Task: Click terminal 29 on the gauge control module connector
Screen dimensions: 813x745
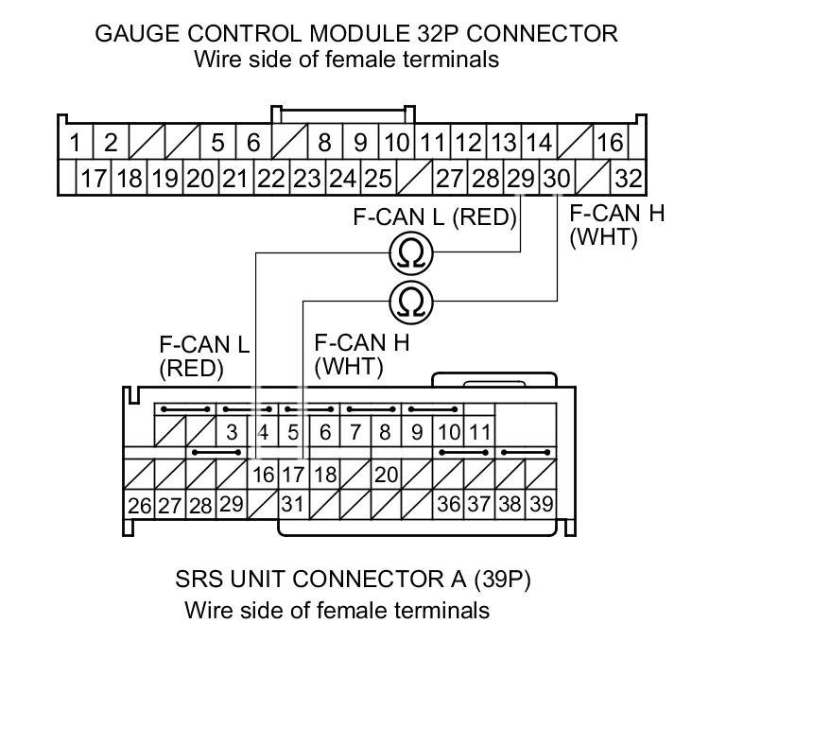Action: pyautogui.click(x=521, y=179)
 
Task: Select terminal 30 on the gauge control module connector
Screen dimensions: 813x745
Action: pyautogui.click(x=558, y=179)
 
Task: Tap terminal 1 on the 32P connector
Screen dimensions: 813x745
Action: pyautogui.click(x=76, y=142)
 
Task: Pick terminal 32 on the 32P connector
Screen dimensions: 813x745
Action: pyautogui.click(x=629, y=179)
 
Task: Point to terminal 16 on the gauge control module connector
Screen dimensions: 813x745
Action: pyautogui.click(x=611, y=142)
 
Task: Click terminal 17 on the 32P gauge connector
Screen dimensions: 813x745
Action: pyautogui.click(x=94, y=179)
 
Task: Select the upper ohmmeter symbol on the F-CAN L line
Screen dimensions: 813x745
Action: pyautogui.click(x=411, y=253)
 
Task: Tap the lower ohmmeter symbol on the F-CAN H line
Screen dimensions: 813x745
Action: pyautogui.click(x=411, y=303)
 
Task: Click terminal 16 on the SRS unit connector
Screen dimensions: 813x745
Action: pyautogui.click(x=263, y=475)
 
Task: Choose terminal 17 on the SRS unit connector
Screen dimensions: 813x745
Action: pyautogui.click(x=293, y=475)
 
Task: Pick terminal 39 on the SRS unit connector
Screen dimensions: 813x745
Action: pyautogui.click(x=542, y=504)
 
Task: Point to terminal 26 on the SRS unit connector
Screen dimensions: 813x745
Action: pyautogui.click(x=139, y=505)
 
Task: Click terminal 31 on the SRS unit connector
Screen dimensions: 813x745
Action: pyautogui.click(x=293, y=504)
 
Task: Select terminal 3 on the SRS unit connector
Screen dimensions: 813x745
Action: pyautogui.click(x=232, y=431)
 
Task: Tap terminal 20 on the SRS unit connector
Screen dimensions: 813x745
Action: pyautogui.click(x=387, y=475)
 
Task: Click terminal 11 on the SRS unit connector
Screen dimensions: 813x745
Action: pyautogui.click(x=479, y=431)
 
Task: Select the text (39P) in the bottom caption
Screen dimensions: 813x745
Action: pyautogui.click(x=502, y=580)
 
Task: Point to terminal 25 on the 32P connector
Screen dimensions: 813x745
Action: pyautogui.click(x=378, y=179)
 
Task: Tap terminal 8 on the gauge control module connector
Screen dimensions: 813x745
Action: pyautogui.click(x=324, y=142)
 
